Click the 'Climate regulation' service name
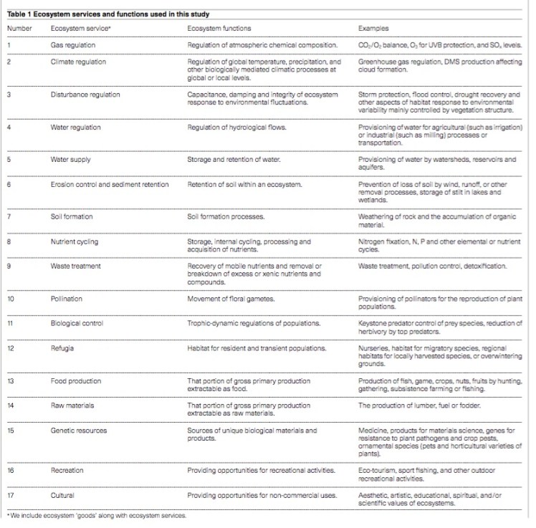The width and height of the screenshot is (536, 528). click(79, 62)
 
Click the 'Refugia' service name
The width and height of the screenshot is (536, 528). click(63, 348)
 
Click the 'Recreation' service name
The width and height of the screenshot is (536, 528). click(67, 470)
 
